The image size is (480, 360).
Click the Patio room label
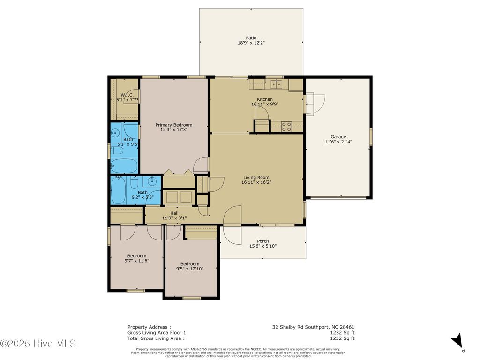coord(251,38)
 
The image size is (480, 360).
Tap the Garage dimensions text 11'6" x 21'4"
coord(338,142)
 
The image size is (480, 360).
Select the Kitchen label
coord(264,99)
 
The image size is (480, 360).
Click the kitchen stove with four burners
coord(286,126)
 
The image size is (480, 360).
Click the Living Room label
coord(256,177)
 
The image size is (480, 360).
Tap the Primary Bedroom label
coord(174,125)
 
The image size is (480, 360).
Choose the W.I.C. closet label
coord(127,95)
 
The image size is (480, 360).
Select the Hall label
coord(174,213)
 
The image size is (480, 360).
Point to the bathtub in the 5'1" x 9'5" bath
coord(124,165)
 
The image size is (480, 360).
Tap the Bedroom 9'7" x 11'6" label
coord(136,256)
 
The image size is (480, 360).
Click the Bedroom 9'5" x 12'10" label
coord(190,264)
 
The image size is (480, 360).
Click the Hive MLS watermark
coord(38,344)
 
